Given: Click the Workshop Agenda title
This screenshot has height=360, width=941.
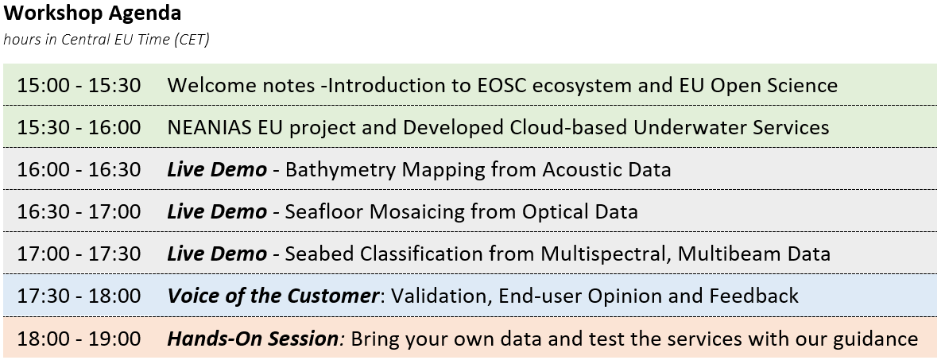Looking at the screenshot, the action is click(x=92, y=14).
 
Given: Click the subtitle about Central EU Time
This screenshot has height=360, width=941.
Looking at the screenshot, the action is click(x=106, y=40).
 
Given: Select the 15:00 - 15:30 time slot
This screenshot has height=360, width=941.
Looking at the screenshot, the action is click(x=79, y=85).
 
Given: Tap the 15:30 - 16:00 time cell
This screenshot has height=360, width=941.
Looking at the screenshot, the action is click(x=79, y=127).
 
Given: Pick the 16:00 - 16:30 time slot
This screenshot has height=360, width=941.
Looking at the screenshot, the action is click(x=79, y=170).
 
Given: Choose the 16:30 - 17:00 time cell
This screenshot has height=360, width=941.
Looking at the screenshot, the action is click(x=79, y=212).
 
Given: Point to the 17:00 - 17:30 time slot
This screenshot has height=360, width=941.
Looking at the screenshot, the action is click(x=79, y=254).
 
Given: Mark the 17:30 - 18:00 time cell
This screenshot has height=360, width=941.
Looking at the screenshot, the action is click(x=79, y=296).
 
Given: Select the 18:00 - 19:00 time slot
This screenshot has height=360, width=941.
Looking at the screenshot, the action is click(x=79, y=339).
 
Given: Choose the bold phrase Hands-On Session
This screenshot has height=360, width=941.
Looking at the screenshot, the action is click(x=253, y=339).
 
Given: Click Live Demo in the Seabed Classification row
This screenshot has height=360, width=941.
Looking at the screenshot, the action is click(x=217, y=254).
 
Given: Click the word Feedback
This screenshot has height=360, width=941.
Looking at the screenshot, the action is click(x=753, y=296).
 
